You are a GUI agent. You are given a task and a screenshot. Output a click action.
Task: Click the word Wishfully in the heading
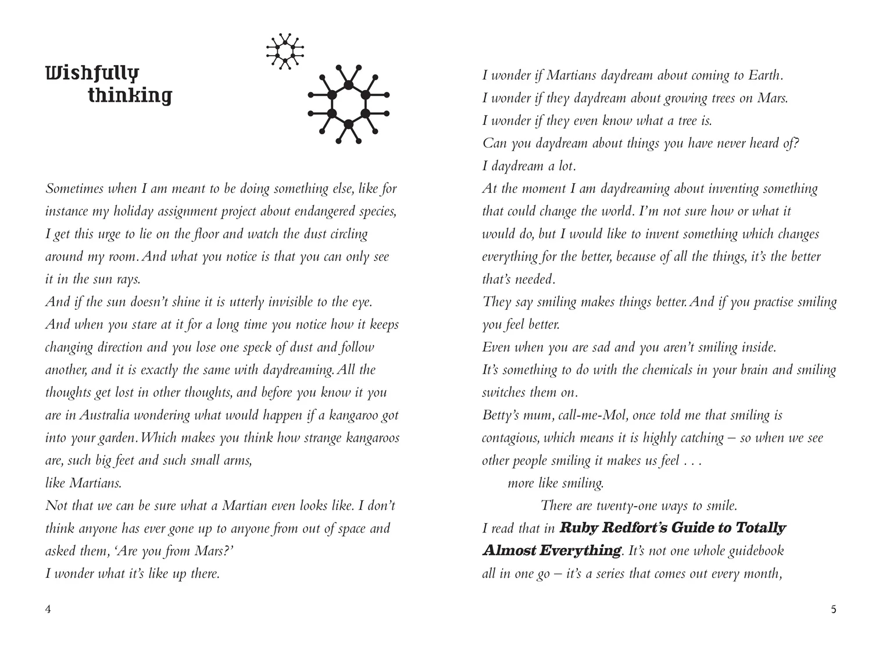(92, 73)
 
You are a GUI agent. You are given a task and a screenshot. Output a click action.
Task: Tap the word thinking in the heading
(130, 95)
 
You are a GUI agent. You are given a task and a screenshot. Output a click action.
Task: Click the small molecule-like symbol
(285, 51)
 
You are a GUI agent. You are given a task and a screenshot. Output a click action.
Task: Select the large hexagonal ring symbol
(348, 104)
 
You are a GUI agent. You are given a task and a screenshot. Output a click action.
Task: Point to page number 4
(48, 609)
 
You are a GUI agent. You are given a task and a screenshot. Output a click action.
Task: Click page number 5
(833, 609)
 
